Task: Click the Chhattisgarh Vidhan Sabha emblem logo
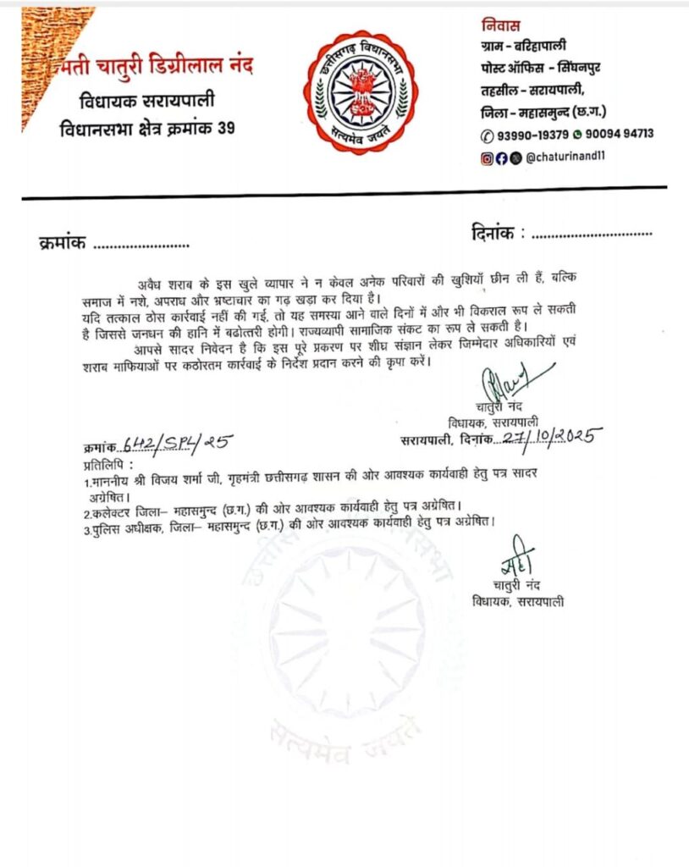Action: (x=361, y=91)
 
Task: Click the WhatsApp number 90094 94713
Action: (x=618, y=134)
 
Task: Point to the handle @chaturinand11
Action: (x=564, y=157)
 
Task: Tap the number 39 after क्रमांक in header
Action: (x=225, y=130)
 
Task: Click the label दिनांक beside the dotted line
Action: (x=492, y=231)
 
